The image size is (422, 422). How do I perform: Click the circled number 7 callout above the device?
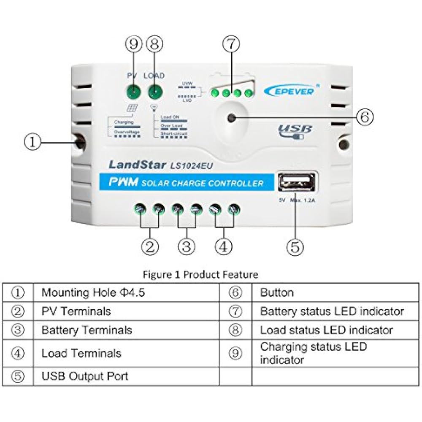231,44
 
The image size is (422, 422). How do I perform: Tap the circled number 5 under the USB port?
295,247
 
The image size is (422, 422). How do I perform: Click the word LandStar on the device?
137,165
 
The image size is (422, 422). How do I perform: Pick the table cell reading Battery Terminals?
87,330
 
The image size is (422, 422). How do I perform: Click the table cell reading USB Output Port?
84,376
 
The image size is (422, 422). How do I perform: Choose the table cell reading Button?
277,292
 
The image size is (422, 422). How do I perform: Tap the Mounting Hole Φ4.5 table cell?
93,292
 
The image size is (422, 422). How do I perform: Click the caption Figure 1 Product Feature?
200,275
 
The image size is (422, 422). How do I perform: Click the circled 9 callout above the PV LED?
134,44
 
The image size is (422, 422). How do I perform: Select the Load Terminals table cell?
81,353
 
